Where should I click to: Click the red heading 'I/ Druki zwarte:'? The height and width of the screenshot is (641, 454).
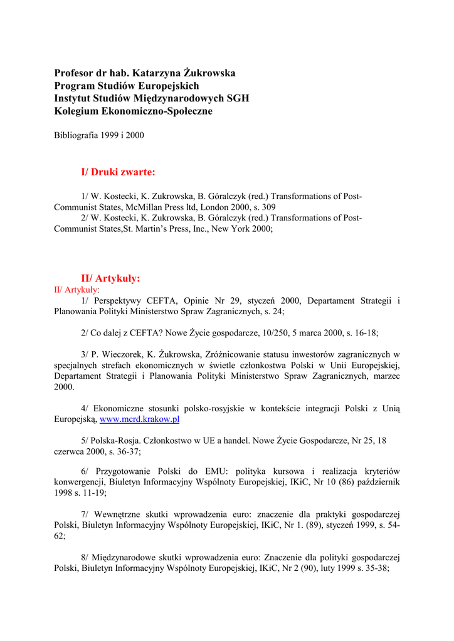(x=118, y=172)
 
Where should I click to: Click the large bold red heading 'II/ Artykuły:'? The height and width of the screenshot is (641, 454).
(x=110, y=278)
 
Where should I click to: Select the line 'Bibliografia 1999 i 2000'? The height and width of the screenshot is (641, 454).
(x=99, y=135)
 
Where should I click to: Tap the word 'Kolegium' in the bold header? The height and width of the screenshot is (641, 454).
(x=75, y=111)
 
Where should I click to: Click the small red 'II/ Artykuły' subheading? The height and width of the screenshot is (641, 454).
(x=76, y=290)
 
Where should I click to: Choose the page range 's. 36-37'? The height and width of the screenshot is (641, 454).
(x=122, y=451)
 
